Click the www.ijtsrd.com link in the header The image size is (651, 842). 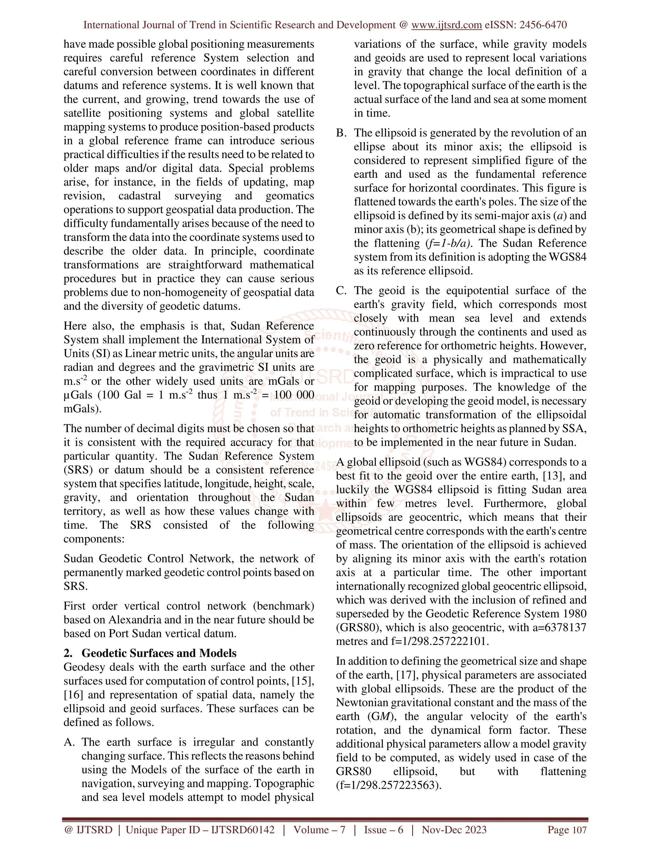point(446,25)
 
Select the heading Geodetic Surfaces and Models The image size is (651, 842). point(159,653)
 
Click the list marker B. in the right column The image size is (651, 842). point(341,133)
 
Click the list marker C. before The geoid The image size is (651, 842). point(341,291)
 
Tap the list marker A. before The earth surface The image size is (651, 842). point(69,742)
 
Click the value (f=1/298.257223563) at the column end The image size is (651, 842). point(388,785)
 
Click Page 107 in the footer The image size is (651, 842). point(567,830)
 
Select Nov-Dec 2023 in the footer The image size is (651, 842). point(454,830)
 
